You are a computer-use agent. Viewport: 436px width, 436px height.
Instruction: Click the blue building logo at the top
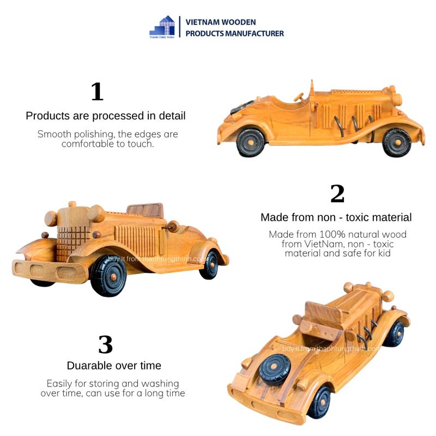(162, 26)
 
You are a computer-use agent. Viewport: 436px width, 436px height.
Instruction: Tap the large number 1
(97, 92)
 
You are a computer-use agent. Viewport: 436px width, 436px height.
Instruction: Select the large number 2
(337, 194)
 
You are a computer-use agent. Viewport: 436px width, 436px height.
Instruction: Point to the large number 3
(105, 344)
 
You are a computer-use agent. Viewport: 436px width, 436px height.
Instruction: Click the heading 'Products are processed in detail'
(106, 116)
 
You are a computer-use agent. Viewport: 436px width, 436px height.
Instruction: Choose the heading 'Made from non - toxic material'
(336, 217)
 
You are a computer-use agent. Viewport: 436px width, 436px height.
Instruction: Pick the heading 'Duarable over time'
(114, 366)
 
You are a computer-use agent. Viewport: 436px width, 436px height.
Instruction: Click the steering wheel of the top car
(299, 96)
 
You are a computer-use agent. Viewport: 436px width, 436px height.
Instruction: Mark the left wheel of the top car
(251, 142)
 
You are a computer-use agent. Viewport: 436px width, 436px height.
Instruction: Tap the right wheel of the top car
(396, 142)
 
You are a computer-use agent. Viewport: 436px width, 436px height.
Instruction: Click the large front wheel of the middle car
(108, 275)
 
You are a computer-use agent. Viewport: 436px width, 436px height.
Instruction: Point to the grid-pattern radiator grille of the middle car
(73, 240)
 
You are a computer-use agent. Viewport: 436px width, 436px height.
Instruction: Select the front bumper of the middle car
(49, 271)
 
